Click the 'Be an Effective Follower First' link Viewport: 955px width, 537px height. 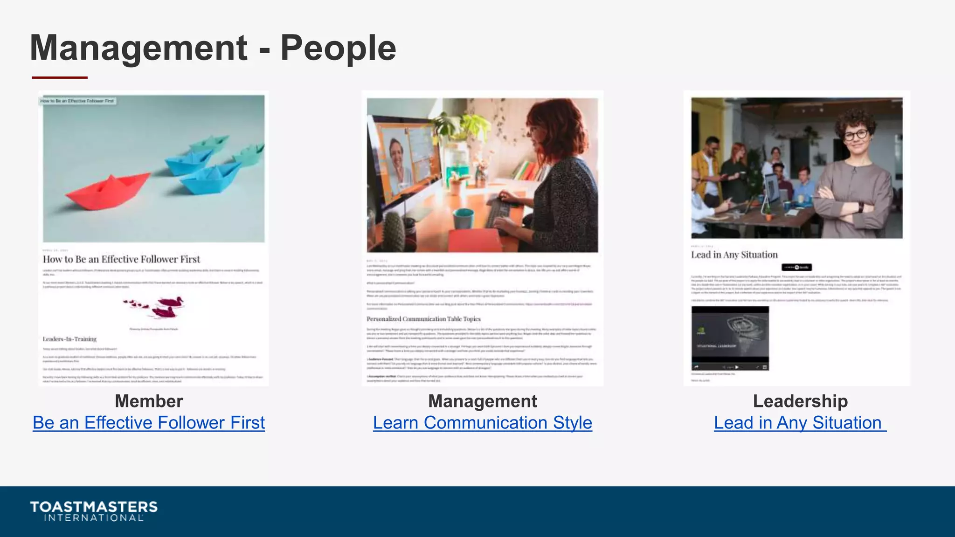point(149,423)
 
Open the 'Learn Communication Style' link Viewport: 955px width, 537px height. point(482,423)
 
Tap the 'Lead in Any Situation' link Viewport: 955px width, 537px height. point(799,423)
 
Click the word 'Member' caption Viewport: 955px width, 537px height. point(149,401)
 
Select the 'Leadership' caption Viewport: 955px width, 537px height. point(800,401)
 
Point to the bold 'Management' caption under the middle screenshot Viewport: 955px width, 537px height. point(482,401)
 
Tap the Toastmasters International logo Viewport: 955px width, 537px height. point(94,511)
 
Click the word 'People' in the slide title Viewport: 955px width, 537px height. point(338,48)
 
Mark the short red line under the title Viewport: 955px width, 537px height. point(60,77)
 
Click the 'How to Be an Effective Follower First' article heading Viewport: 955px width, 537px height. point(121,259)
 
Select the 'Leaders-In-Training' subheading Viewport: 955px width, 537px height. point(69,339)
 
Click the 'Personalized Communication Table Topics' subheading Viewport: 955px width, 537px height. point(423,319)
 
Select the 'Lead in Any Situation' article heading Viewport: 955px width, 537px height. point(734,255)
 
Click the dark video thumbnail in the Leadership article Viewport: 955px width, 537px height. point(730,338)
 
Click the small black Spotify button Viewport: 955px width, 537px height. point(796,267)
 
